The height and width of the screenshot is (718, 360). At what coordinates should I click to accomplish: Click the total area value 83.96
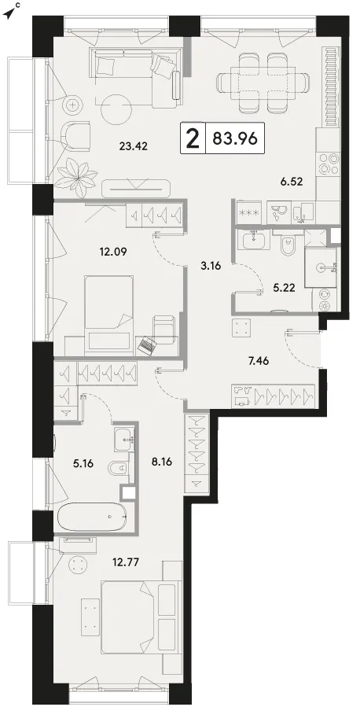click(236, 138)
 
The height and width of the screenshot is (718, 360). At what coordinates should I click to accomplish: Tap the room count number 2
click(193, 138)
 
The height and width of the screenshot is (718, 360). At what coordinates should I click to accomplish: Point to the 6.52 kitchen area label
click(292, 182)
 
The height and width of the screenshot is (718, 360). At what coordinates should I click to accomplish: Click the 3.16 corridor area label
click(211, 266)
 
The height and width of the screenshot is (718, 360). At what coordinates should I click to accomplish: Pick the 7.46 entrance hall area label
click(259, 361)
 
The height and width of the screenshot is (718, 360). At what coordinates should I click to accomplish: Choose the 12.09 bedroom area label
click(112, 251)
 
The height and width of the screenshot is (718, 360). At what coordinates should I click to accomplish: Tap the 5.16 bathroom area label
click(83, 464)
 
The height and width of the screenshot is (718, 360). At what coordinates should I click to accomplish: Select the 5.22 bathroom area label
click(284, 288)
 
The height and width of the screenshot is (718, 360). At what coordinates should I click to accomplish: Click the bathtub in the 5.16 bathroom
click(94, 516)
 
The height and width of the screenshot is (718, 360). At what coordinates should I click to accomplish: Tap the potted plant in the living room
click(75, 173)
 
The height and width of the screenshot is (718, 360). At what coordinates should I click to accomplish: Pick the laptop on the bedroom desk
click(147, 344)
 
